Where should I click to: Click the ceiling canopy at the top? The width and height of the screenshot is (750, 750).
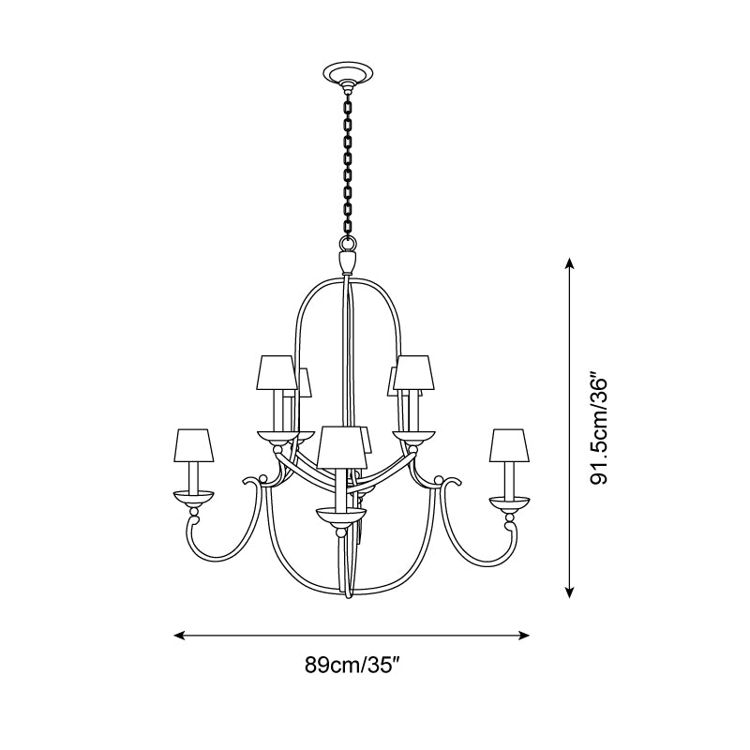pos(347,73)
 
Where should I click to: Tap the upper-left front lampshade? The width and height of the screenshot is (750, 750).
pos(276,372)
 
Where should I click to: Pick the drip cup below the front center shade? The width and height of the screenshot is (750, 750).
pos(340,515)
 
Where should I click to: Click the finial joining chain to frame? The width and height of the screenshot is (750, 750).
pos(347,257)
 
